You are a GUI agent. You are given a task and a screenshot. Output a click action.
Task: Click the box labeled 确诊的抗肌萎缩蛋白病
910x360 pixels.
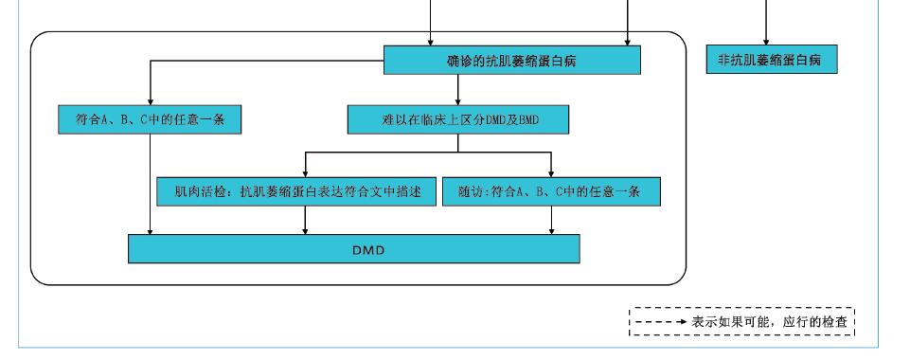[512, 62]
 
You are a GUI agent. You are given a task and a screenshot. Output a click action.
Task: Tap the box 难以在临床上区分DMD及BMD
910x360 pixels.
[457, 119]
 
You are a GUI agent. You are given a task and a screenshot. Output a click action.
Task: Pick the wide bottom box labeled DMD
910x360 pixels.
[353, 249]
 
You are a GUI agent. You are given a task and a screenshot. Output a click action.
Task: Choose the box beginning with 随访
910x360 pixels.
[550, 192]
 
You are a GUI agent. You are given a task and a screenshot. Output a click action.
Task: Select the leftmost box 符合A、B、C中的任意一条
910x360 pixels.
[149, 119]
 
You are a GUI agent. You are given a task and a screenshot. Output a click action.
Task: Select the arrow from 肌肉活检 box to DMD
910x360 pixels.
[305, 220]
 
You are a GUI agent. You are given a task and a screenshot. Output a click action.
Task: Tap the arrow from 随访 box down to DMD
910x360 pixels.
[552, 220]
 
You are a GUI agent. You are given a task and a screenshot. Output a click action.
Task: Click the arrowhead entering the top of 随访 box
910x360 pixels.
[552, 172]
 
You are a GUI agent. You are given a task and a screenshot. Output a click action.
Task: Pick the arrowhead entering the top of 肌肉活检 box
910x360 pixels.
[305, 172]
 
